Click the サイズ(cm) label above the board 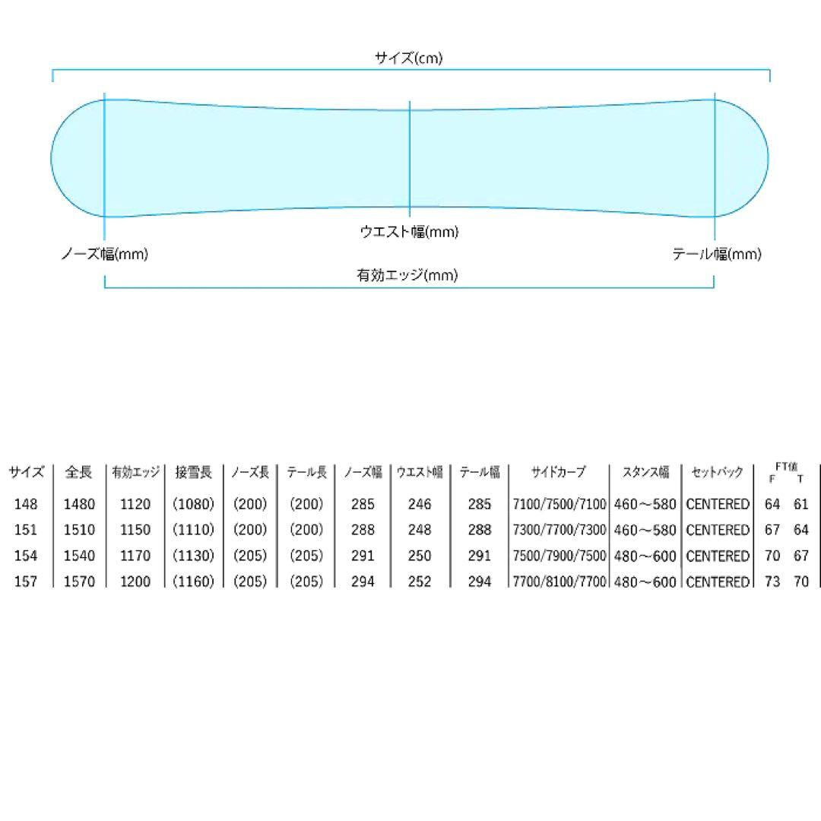coord(409,58)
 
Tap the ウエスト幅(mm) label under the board coord(409,231)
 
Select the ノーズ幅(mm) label coord(105,254)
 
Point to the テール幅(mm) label coord(717,254)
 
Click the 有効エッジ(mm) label coord(407,275)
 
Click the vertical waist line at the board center coord(410,159)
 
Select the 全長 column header coord(78,472)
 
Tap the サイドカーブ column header coord(558,472)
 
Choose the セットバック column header coord(718,472)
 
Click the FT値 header coord(787,466)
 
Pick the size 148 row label coord(26,504)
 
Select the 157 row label coord(26,582)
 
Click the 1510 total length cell coord(79,529)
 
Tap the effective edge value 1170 coord(135,555)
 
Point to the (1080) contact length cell coord(193,504)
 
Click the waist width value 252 coord(420,582)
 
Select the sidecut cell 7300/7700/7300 coord(559,529)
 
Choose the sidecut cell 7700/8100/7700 coord(559,582)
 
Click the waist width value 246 coord(420,504)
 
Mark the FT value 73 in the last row coord(772,582)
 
